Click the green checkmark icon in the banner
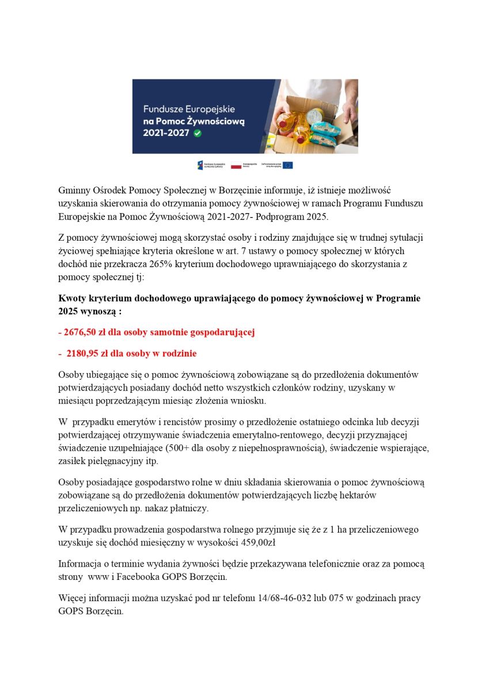click(x=198, y=132)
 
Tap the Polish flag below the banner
click(x=236, y=165)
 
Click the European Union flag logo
click(x=287, y=165)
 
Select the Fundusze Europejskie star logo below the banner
click(x=200, y=165)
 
